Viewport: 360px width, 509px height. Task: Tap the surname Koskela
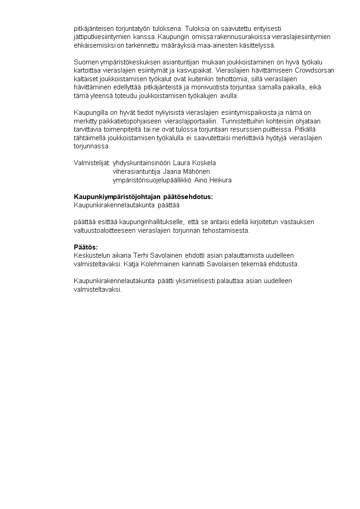pyautogui.click(x=204, y=163)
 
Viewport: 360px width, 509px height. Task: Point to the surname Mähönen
pyautogui.click(x=198, y=171)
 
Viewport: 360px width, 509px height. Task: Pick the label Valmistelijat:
pyautogui.click(x=92, y=163)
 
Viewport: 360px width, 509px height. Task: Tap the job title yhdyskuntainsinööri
pyautogui.click(x=141, y=163)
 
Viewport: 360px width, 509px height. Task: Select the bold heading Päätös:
pyautogui.click(x=85, y=247)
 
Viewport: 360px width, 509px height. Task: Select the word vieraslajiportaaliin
pyautogui.click(x=188, y=121)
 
